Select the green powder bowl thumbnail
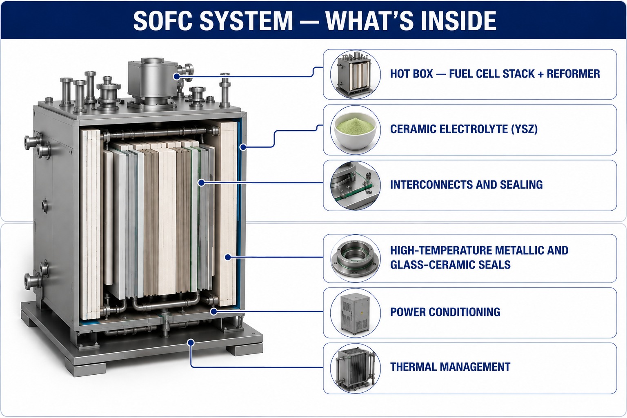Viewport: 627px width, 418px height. coord(356,130)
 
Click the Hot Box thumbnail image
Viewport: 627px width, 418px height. coord(356,74)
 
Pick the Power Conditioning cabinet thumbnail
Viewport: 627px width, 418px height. coord(356,313)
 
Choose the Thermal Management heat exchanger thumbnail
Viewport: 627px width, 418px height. coord(356,368)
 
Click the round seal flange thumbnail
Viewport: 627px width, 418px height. coord(356,258)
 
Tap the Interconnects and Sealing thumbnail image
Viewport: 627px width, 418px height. coord(356,185)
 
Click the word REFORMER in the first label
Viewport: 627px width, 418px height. coord(574,74)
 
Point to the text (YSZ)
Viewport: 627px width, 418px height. coord(524,129)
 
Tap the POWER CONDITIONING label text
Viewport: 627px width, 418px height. coord(445,312)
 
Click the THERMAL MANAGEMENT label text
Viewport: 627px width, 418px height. coord(450,367)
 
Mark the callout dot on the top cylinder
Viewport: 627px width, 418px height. coord(177,76)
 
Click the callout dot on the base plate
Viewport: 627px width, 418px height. coord(191,342)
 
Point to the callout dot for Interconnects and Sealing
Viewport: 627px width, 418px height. coord(201,183)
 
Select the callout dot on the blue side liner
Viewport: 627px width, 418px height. coord(243,147)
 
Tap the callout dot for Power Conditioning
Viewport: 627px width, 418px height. coord(214,311)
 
